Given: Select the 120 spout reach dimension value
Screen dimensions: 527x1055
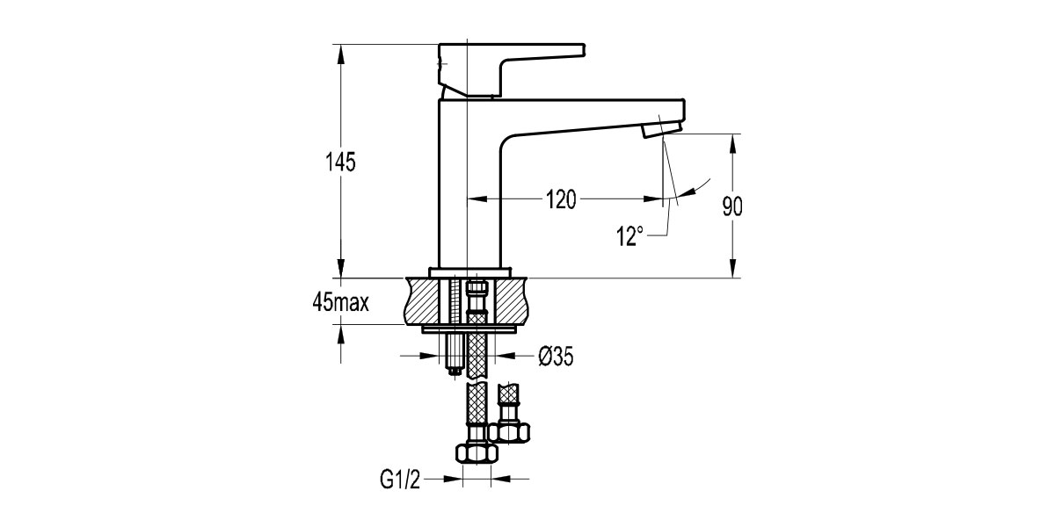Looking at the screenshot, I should pos(559,199).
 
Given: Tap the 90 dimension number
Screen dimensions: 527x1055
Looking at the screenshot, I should pos(732,207).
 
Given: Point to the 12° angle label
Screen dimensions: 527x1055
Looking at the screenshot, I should pos(629,235).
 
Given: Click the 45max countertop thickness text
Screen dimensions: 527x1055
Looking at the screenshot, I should pos(339,303).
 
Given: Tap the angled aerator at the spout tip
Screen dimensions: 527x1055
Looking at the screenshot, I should pos(661,130).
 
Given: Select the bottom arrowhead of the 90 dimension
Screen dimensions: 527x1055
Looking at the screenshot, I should pos(732,272).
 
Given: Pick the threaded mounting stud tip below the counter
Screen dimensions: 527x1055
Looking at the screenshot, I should pos(455,369).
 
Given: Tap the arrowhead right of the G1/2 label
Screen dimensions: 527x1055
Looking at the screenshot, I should pos(497,479).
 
